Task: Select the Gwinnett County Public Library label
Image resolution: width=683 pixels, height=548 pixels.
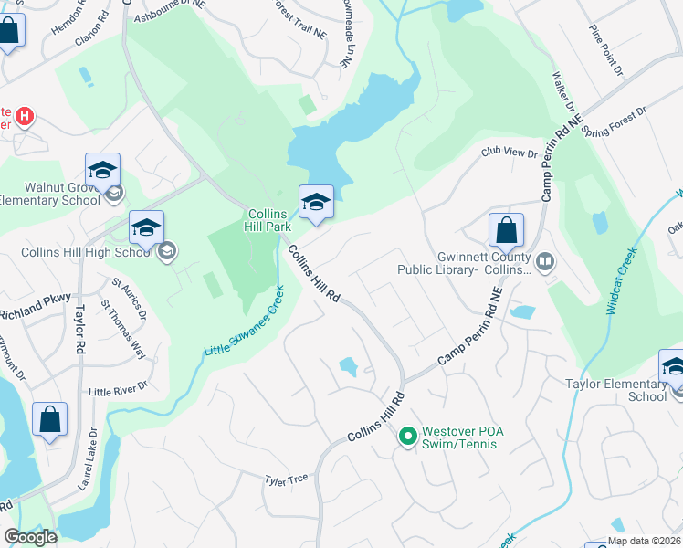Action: point(463,263)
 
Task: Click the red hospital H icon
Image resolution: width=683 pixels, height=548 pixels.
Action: point(26,117)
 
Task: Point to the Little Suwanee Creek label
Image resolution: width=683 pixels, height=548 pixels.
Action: point(246,321)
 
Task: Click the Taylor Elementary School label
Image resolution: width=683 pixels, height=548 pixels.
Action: point(615,390)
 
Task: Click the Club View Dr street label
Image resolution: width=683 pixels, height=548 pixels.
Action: point(510,153)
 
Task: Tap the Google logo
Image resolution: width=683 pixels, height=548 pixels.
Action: point(30,537)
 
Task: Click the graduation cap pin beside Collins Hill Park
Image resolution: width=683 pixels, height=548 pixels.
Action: point(316,203)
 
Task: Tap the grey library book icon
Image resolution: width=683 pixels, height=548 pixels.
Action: point(545,262)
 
